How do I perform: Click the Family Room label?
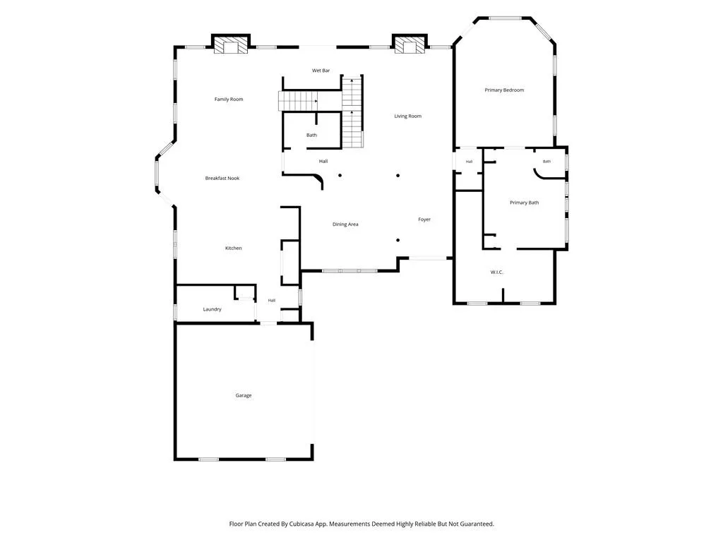[x=229, y=99]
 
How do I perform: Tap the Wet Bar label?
[x=321, y=71]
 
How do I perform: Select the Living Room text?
[x=407, y=116]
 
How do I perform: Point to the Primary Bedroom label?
[x=504, y=90]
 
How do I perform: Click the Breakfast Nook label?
[x=222, y=179]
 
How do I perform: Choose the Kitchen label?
[x=233, y=248]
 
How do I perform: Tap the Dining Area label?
[x=345, y=224]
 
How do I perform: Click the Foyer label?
[x=424, y=219]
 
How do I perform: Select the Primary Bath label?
[x=525, y=203]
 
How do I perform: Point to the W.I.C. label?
[x=496, y=272]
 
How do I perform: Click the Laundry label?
[x=212, y=309]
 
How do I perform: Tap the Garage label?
[x=244, y=395]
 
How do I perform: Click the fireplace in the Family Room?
[x=231, y=45]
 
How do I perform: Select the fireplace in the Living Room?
[x=410, y=44]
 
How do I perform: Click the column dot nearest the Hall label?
[x=340, y=175]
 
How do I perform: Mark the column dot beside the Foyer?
[x=398, y=240]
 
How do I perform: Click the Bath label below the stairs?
[x=311, y=135]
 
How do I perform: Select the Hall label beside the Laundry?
[x=272, y=301]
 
